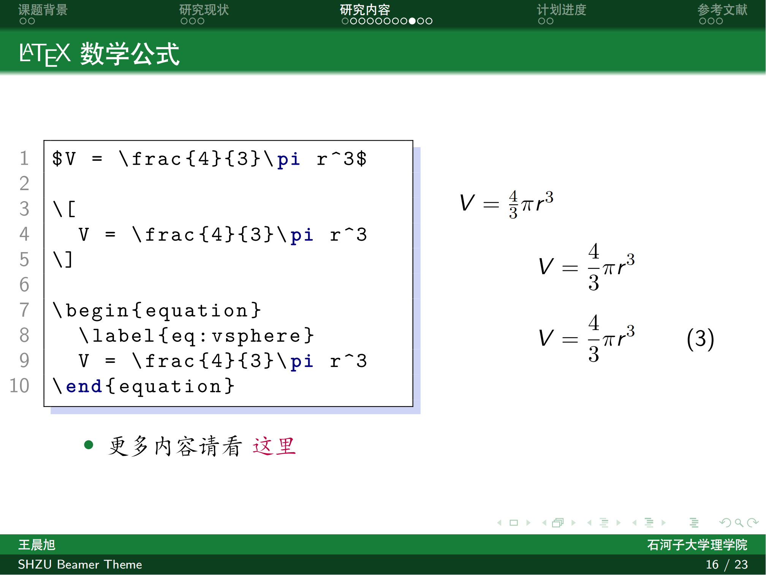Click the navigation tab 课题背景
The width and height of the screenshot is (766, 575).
click(x=43, y=10)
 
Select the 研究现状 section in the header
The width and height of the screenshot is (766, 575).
click(x=204, y=10)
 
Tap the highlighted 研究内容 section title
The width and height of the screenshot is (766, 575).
click(x=365, y=10)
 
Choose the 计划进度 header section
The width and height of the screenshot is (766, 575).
click(x=561, y=10)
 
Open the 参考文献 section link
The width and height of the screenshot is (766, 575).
click(x=722, y=10)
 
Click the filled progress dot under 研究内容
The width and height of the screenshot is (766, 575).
click(x=412, y=21)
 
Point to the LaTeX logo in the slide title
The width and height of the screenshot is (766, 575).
click(x=45, y=54)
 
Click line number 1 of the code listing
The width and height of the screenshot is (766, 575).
click(x=24, y=158)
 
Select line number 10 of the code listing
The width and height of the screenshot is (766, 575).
click(x=19, y=386)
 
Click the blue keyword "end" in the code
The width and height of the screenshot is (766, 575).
click(x=84, y=386)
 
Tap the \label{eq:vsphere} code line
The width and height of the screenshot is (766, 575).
click(x=196, y=336)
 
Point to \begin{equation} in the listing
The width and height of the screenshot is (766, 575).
click(x=157, y=311)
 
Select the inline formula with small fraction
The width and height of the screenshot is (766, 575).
click(x=506, y=204)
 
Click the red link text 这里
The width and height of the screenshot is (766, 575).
click(x=274, y=446)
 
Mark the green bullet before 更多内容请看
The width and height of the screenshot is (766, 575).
click(x=89, y=445)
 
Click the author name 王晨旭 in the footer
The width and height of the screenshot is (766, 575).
click(x=37, y=545)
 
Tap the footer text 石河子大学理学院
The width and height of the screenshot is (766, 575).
click(x=697, y=545)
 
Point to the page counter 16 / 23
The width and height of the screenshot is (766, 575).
click(x=726, y=564)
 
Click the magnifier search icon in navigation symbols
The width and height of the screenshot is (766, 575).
click(x=739, y=523)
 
